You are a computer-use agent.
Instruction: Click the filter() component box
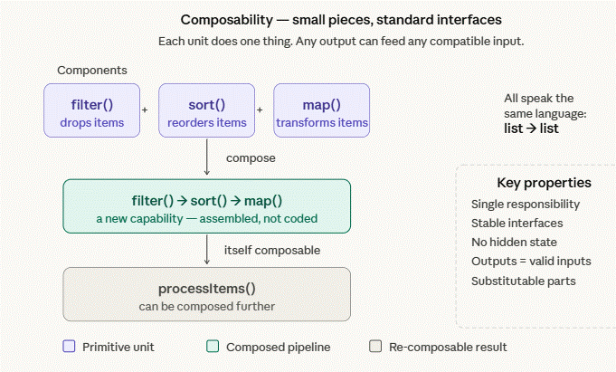pos(90,110)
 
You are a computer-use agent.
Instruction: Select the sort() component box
pos(206,110)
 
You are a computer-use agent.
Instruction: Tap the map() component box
pos(322,110)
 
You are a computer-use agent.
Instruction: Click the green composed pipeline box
pos(206,207)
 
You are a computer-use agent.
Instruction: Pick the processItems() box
pos(206,294)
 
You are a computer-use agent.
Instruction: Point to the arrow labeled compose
pos(207,157)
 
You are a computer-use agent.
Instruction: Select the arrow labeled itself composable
pos(207,250)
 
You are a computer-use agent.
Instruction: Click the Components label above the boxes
pos(92,70)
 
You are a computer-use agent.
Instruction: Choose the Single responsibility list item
pos(526,205)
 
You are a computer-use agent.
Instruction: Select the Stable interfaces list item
pos(516,223)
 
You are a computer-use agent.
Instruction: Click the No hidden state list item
pos(514,242)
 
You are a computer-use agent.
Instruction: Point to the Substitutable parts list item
pos(523,281)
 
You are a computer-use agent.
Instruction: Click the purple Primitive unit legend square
pos(69,346)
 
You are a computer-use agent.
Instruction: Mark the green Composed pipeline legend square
pos(213,346)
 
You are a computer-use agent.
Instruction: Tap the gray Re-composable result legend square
pos(375,346)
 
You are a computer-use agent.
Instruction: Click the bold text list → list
pos(531,129)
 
